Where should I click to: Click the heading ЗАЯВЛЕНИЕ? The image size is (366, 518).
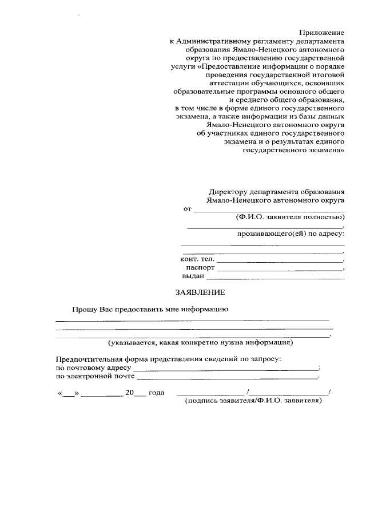[200, 292]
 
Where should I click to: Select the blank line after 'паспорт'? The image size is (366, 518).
[280, 269]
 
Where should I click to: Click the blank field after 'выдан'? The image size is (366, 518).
[275, 278]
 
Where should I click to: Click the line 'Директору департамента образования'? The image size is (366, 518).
[277, 192]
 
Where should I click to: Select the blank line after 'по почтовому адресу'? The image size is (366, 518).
[225, 369]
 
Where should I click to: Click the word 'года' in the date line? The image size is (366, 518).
[157, 393]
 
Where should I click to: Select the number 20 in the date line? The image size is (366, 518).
[129, 393]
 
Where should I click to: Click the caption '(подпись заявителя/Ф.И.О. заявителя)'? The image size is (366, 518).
[253, 401]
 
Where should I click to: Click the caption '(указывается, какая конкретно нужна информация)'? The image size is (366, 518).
[201, 343]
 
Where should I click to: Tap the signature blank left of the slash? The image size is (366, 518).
[210, 394]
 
